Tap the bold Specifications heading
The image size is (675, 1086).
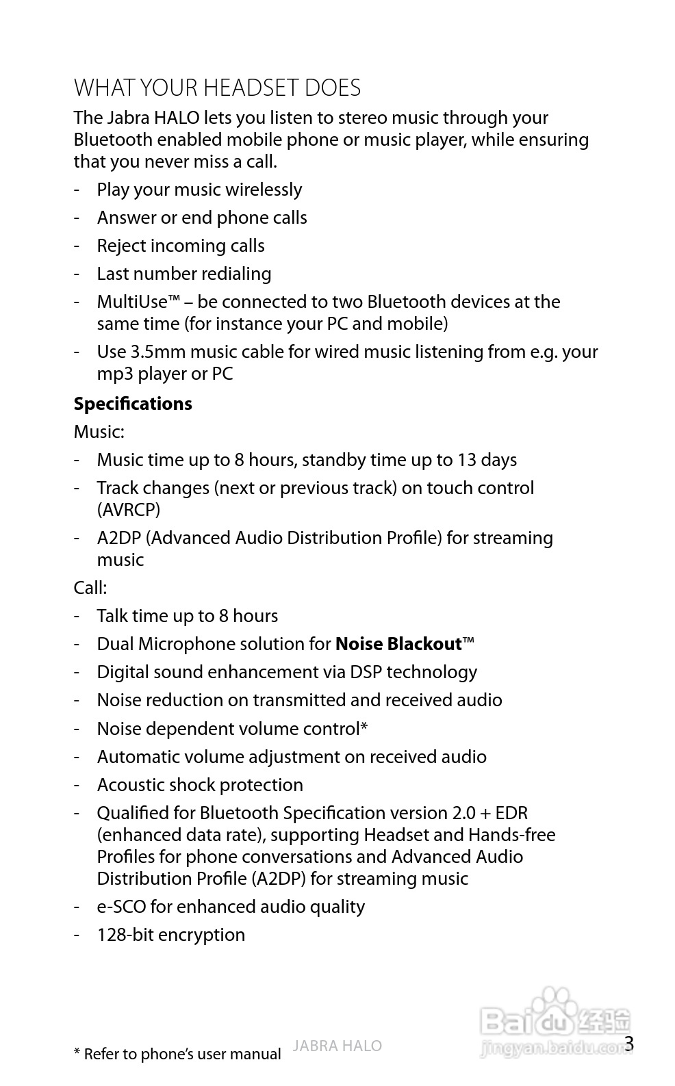coord(133,404)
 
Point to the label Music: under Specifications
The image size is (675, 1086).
coord(99,432)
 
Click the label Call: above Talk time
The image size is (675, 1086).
coord(90,588)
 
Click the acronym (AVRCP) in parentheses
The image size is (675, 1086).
coord(129,510)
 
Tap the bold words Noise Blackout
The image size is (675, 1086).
coord(398,644)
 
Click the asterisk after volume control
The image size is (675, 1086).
coord(364,727)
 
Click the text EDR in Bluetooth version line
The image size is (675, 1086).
coord(511,813)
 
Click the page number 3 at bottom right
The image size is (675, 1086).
coord(629,1044)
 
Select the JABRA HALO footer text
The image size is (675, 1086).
coord(337,1046)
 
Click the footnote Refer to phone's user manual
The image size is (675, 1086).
coord(181,1055)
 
